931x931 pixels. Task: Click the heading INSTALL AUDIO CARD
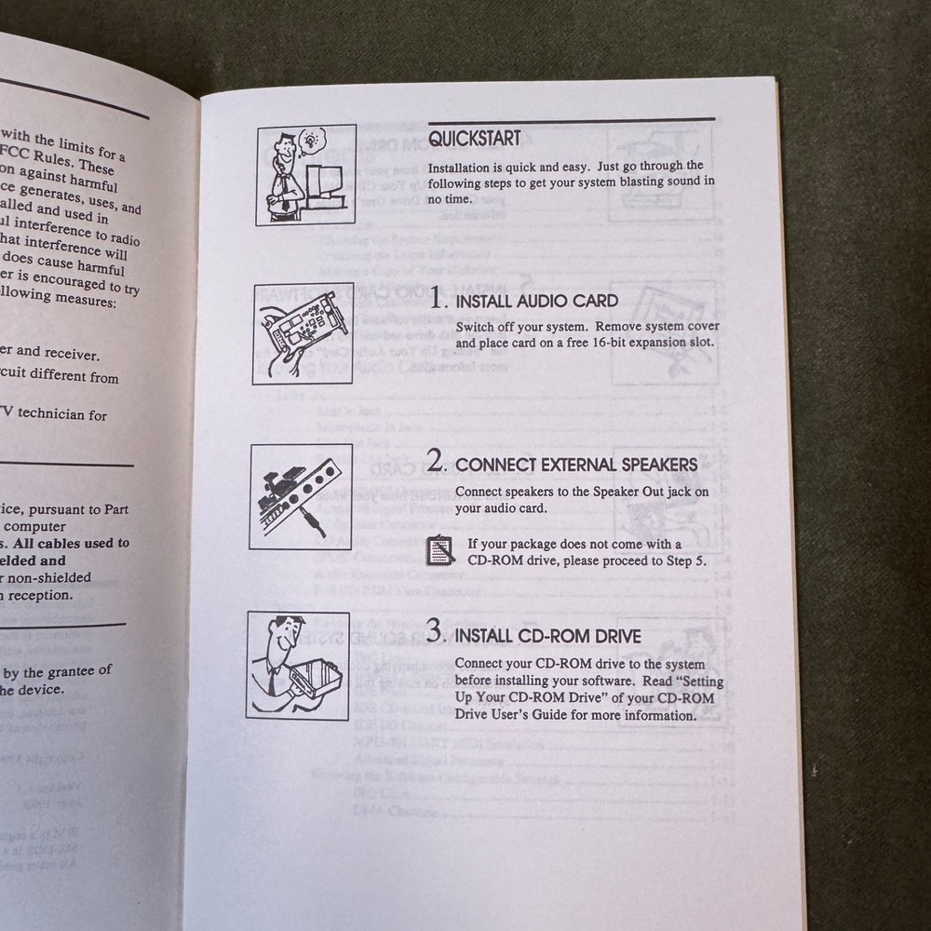click(x=536, y=302)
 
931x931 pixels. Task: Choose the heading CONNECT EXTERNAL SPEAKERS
click(x=576, y=465)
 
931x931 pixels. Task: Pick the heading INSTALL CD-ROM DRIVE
click(x=547, y=638)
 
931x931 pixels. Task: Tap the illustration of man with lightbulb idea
click(x=306, y=175)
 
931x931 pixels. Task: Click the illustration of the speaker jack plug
click(x=301, y=496)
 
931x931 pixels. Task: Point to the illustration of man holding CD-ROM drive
click(x=298, y=665)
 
